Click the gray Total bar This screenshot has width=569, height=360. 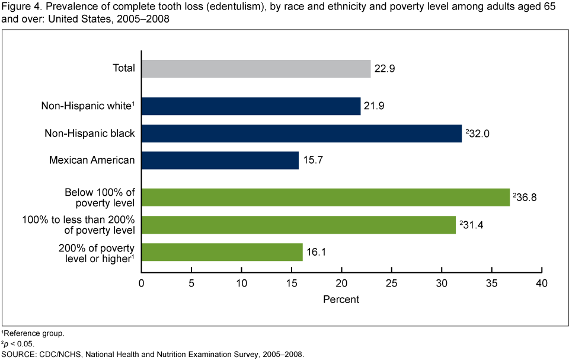pyautogui.click(x=255, y=69)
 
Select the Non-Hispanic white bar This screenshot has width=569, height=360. pyautogui.click(x=251, y=106)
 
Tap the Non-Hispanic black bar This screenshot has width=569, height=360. pyautogui.click(x=301, y=133)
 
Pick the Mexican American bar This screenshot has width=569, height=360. pyautogui.click(x=220, y=160)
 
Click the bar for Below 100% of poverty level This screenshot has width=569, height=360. pyautogui.click(x=325, y=197)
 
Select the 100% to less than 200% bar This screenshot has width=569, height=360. pyautogui.click(x=298, y=225)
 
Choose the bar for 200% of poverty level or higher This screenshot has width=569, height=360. pyautogui.click(x=222, y=252)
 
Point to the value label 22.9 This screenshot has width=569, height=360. pyautogui.click(x=385, y=69)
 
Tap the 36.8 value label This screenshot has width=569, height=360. pyautogui.click(x=526, y=197)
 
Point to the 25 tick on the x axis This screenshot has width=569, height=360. pyautogui.click(x=391, y=284)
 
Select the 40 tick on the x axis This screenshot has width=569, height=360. pyautogui.click(x=541, y=284)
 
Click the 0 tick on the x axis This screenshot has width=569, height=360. pyautogui.click(x=142, y=284)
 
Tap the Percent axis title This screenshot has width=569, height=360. pyautogui.click(x=341, y=300)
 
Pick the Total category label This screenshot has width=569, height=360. pyautogui.click(x=124, y=69)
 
